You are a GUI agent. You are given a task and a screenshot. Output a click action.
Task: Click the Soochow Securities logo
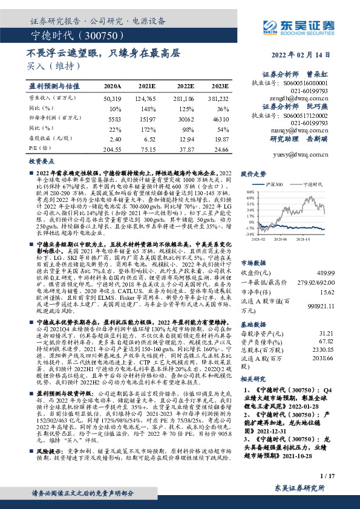tap(296, 25)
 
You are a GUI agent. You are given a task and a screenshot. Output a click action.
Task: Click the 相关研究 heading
tap(254, 379)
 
